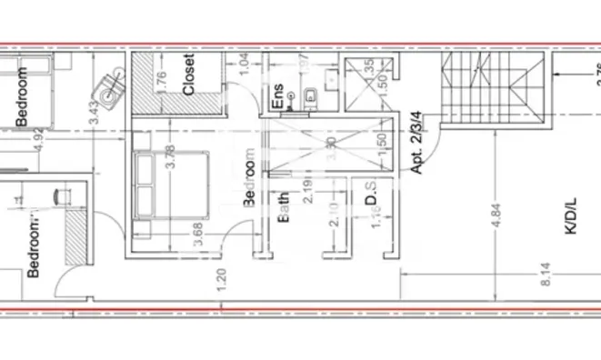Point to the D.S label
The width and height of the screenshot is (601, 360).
371,199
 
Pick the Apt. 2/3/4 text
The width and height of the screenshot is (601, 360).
419,143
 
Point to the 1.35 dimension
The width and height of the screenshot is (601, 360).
368,69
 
